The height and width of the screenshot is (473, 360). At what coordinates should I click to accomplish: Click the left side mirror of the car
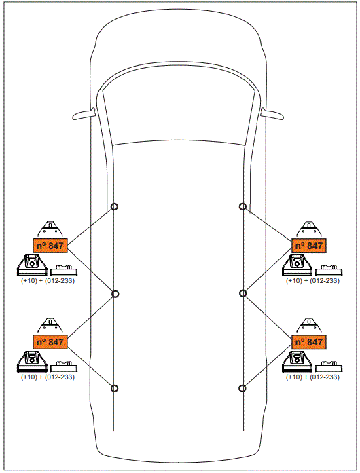(84, 113)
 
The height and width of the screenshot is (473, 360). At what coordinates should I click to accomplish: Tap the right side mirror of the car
(272, 113)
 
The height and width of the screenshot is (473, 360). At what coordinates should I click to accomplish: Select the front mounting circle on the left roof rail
(115, 207)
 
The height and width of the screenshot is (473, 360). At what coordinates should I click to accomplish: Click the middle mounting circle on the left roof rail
(115, 294)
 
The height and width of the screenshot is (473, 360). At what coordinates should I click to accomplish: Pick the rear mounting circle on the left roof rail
(115, 388)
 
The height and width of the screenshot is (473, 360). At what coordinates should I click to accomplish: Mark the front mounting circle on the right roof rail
(242, 207)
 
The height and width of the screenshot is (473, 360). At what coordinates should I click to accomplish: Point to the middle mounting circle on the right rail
(242, 293)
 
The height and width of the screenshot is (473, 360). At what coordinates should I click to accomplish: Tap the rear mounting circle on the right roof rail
(242, 388)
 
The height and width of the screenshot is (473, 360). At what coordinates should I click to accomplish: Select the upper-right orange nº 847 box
(308, 246)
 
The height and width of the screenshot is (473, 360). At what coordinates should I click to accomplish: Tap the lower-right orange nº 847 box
(308, 342)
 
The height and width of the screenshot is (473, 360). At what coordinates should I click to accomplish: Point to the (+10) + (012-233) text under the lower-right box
(312, 377)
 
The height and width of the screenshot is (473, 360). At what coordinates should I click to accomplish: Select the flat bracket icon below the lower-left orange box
(65, 364)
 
